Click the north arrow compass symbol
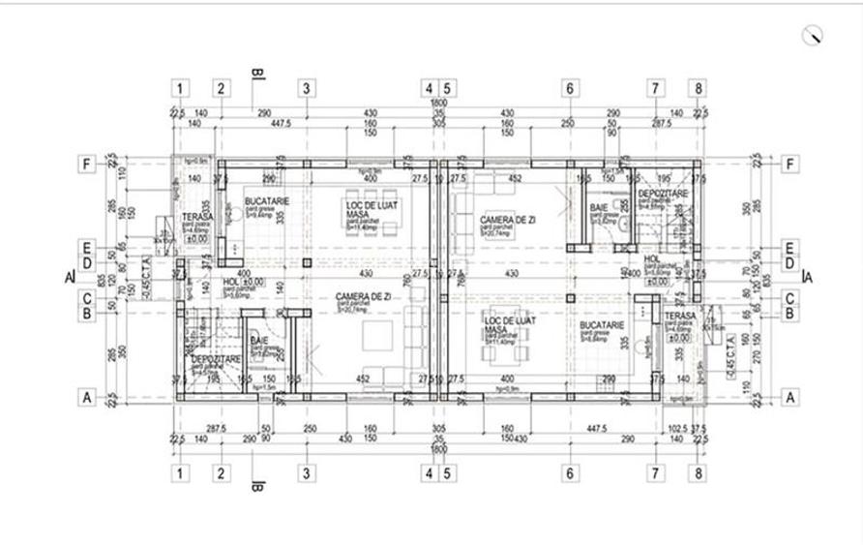[x=814, y=35]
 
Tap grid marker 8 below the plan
[x=699, y=473]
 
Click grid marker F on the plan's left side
[x=86, y=164]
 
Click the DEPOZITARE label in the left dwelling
[x=215, y=359]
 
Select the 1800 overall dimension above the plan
[x=437, y=102]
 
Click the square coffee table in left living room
[x=372, y=337]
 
